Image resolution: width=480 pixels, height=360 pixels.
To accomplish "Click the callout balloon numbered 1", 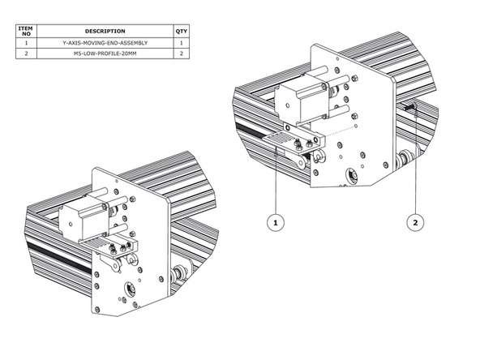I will (x=276, y=220).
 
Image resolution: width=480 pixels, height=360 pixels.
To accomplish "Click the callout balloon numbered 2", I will (x=415, y=220).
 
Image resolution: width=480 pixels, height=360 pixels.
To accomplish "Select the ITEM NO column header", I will (x=26, y=31).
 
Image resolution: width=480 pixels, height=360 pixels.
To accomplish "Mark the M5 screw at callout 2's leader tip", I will (x=412, y=107).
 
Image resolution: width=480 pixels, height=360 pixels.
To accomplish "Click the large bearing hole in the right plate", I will (x=353, y=174).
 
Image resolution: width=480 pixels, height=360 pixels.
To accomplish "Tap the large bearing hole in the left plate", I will (x=129, y=288).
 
